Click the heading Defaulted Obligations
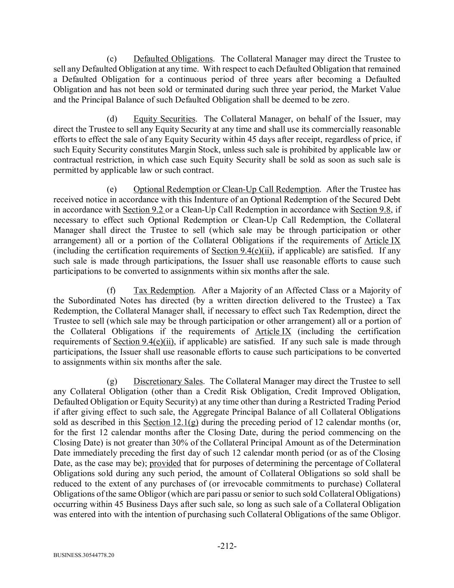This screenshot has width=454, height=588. (x=173, y=59)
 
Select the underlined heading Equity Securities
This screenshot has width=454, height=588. (x=164, y=119)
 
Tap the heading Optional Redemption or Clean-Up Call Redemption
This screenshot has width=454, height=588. (x=226, y=190)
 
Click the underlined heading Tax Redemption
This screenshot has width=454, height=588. (x=164, y=290)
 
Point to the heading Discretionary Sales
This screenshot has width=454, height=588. (x=168, y=381)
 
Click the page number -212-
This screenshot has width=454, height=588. (x=227, y=546)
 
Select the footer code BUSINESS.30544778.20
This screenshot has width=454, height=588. (x=84, y=555)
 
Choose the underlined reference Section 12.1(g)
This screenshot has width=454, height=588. (x=170, y=422)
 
